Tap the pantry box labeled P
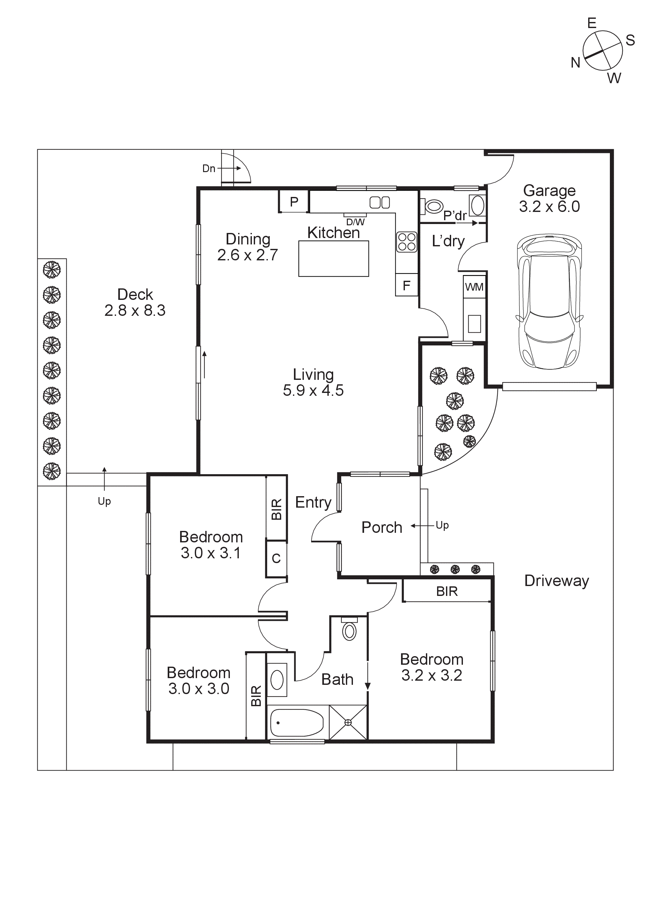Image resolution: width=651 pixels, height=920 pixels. pyautogui.click(x=294, y=201)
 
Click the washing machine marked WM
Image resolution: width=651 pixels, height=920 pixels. pyautogui.click(x=474, y=287)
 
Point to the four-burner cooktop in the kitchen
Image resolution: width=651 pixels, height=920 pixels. pyautogui.click(x=407, y=242)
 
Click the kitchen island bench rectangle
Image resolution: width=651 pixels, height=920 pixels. pyautogui.click(x=333, y=258)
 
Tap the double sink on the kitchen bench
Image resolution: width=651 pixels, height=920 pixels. pyautogui.click(x=380, y=203)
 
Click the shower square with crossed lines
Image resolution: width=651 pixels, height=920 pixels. pyautogui.click(x=348, y=722)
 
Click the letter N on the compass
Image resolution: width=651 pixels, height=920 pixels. pyautogui.click(x=575, y=63)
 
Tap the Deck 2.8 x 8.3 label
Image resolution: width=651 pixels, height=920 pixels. pyautogui.click(x=135, y=302)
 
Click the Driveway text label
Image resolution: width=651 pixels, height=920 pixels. pyautogui.click(x=556, y=581)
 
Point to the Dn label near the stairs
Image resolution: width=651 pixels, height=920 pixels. pyautogui.click(x=208, y=169)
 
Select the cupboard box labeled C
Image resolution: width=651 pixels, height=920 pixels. pyautogui.click(x=276, y=559)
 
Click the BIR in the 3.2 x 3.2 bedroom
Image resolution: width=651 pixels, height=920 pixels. pyautogui.click(x=447, y=591)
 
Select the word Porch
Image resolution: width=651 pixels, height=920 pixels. pyautogui.click(x=382, y=527)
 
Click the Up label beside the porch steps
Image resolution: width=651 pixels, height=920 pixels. pyautogui.click(x=442, y=525)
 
